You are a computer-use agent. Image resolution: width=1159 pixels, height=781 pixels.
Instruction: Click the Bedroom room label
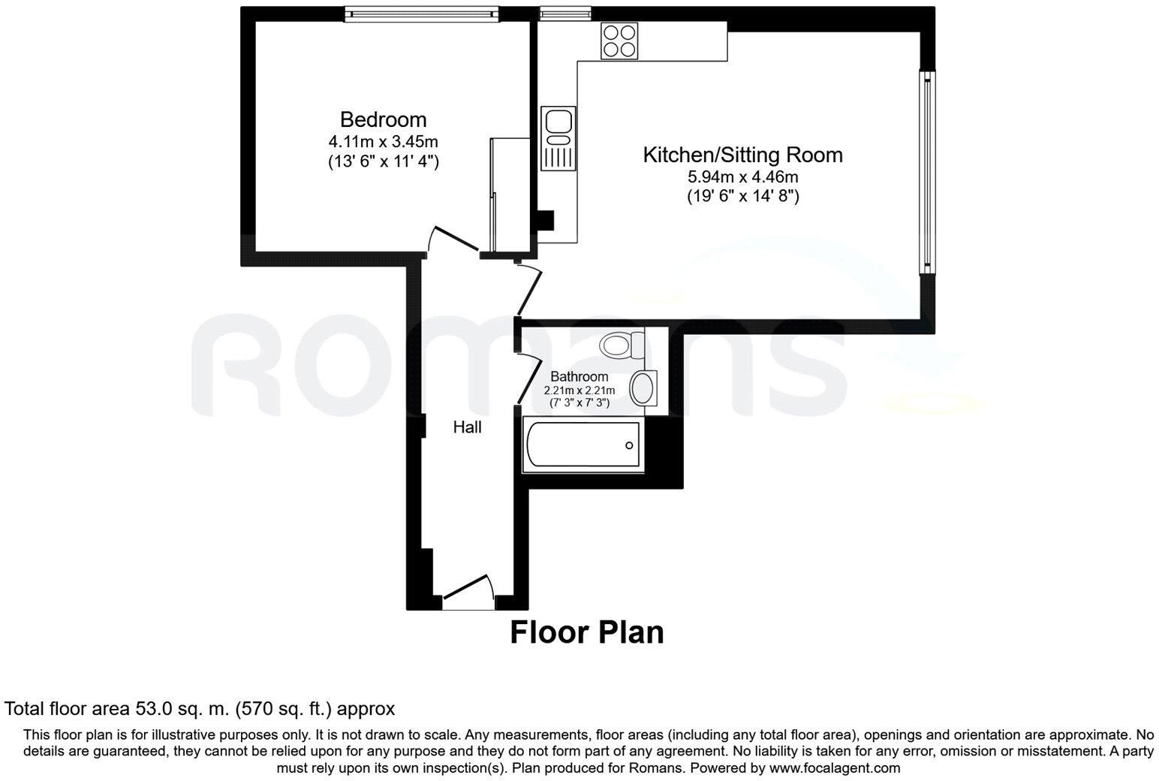pos(383,119)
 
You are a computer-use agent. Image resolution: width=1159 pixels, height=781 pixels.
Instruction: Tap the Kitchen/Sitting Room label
pos(742,155)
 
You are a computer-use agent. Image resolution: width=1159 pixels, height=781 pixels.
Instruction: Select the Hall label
pos(467,427)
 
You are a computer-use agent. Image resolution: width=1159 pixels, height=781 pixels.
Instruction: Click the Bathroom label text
pos(579,376)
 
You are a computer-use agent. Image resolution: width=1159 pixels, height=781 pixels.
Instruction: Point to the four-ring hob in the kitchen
pos(618,41)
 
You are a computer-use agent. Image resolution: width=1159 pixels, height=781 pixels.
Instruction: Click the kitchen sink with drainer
pos(558,138)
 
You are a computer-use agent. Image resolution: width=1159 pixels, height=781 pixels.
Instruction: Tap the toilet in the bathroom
pos(622,345)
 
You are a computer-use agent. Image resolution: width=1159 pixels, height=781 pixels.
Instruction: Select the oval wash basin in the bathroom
pos(643,388)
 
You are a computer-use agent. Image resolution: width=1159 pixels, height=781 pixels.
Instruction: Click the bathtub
pos(583,446)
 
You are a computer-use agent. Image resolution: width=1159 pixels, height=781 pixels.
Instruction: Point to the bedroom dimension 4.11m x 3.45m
pos(383,141)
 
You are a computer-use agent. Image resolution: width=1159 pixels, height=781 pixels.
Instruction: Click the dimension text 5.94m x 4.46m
pos(742,177)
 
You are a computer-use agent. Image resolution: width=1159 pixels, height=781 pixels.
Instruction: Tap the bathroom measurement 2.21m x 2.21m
pos(579,390)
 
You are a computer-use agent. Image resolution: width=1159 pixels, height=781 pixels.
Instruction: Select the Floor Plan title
pos(587,632)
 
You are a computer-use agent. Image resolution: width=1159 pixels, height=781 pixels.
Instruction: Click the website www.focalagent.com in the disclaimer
pos(833,768)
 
